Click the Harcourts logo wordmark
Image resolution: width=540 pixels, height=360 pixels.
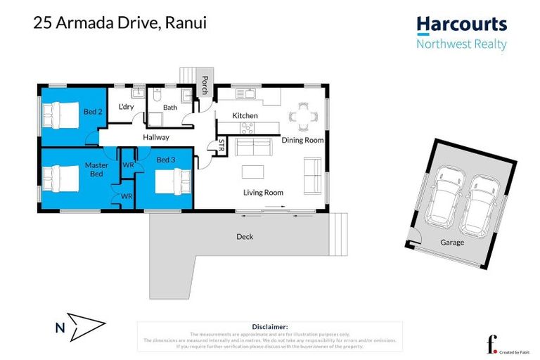(461, 25)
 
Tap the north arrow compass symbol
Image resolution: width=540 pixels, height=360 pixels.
(86, 326)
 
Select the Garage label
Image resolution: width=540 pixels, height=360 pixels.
(452, 242)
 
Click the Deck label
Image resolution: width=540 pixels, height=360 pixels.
(245, 237)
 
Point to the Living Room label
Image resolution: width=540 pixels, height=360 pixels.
(263, 193)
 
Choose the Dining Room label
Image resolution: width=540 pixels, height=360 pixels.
(302, 140)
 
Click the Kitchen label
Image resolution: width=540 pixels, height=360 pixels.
(245, 115)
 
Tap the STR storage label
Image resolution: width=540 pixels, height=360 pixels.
(221, 146)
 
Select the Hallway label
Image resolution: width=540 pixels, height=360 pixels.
(155, 138)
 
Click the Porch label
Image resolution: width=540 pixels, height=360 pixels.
(205, 85)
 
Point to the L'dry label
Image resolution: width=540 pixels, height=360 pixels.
(127, 107)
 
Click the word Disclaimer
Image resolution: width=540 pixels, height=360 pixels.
(269, 327)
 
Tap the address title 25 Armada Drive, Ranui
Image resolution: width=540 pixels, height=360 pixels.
(120, 23)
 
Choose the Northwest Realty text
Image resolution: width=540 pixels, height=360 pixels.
(461, 44)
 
